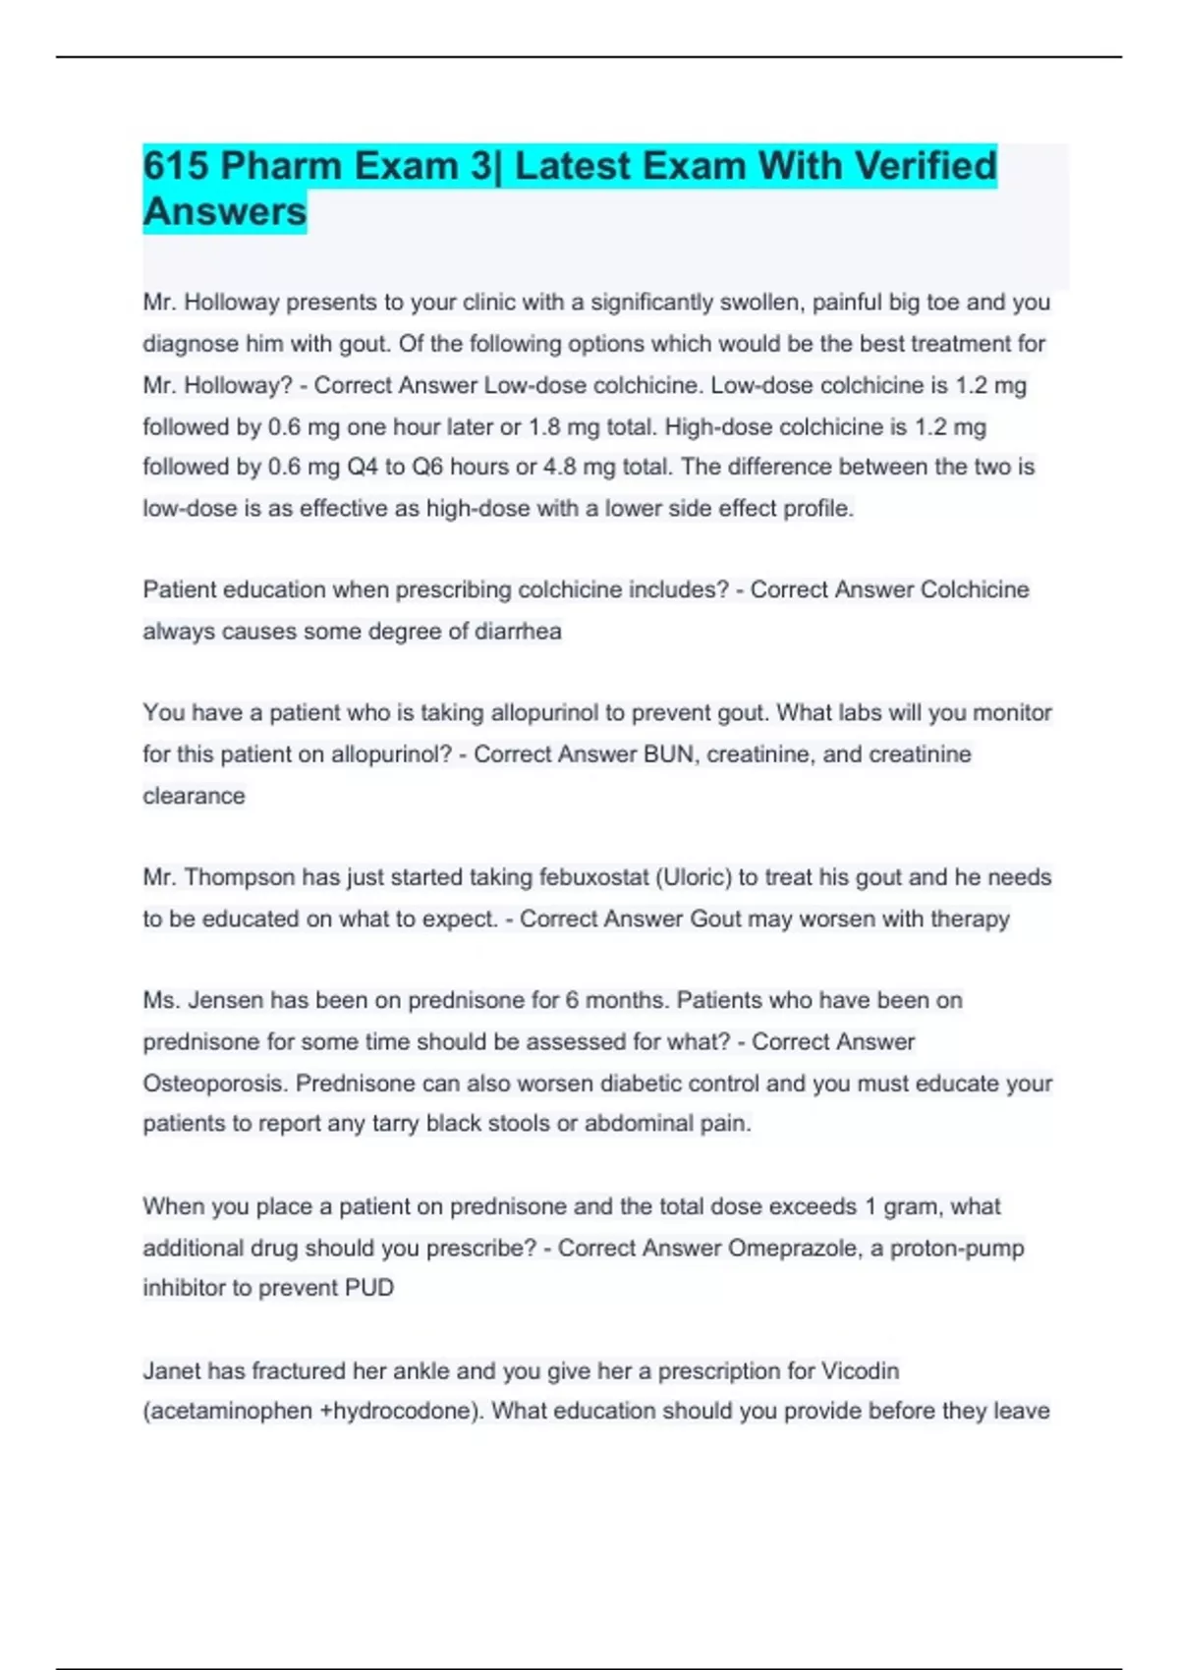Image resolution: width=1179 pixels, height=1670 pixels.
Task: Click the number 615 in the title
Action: coord(176,166)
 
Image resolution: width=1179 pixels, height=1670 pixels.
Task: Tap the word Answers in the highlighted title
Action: coord(225,211)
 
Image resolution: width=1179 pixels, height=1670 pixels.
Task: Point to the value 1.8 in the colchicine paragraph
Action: coord(544,427)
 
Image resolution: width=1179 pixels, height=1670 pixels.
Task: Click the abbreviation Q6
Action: coord(427,468)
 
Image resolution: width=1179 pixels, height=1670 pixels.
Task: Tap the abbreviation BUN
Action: coord(668,754)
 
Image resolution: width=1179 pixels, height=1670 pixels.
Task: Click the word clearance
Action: coord(194,796)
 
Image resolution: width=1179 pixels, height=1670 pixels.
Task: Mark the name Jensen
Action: coord(225,1000)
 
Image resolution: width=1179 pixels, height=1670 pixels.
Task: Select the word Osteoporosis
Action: coord(215,1084)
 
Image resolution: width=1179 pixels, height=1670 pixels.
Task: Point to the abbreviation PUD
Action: coord(368,1288)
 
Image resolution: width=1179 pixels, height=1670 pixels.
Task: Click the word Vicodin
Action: coord(860,1370)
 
